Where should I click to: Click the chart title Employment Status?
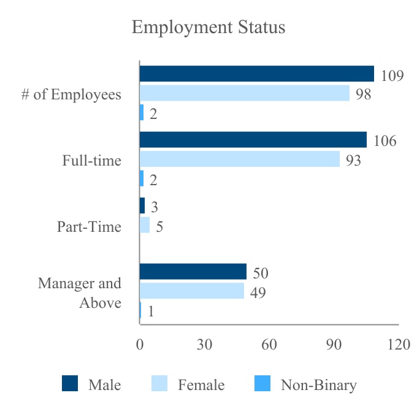click(x=208, y=28)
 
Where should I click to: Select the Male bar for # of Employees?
click(x=256, y=74)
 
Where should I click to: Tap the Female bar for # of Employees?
click(x=244, y=93)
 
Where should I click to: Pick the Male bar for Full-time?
click(x=253, y=140)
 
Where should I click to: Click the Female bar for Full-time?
click(x=239, y=159)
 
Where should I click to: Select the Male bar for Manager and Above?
click(x=193, y=272)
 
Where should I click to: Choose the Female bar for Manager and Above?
click(x=191, y=291)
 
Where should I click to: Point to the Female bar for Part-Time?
click(x=145, y=225)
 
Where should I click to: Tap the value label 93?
click(x=353, y=161)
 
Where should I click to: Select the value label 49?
click(x=258, y=293)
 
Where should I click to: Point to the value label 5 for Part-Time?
click(x=159, y=227)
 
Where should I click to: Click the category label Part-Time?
click(x=89, y=227)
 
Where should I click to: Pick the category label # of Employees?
click(x=71, y=95)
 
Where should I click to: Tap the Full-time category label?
click(x=91, y=161)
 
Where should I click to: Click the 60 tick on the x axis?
click(x=269, y=345)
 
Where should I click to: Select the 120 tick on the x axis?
click(x=399, y=345)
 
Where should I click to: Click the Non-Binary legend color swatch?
click(x=262, y=384)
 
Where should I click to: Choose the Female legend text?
click(x=201, y=385)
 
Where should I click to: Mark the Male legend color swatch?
click(x=71, y=384)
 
